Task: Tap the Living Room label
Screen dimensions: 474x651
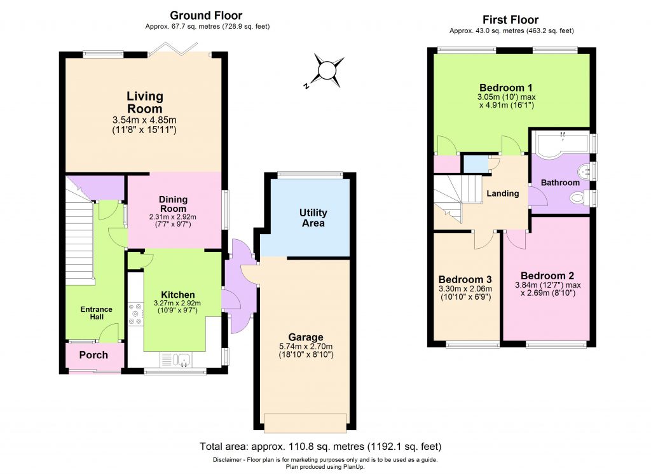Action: [145, 102]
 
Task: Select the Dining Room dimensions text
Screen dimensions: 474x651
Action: [173, 220]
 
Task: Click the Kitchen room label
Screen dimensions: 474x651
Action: [177, 295]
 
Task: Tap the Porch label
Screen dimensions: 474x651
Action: [93, 355]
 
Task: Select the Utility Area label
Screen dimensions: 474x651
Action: [313, 218]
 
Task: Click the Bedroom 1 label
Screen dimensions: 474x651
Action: [506, 87]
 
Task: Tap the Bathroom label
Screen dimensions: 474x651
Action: [560, 183]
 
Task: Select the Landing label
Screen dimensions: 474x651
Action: [503, 193]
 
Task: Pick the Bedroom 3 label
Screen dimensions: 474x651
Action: [465, 279]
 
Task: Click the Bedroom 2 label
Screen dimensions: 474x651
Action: [544, 276]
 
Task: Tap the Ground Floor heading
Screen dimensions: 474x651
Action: [207, 15]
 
